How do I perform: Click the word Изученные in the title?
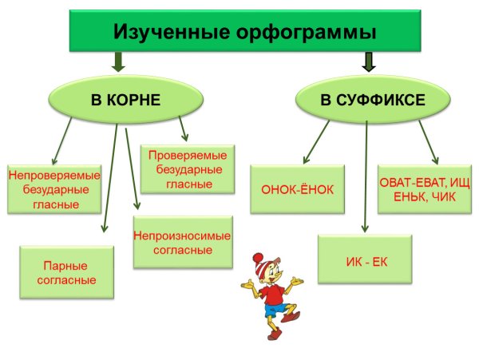[x=164, y=33]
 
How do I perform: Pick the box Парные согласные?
[x=66, y=272]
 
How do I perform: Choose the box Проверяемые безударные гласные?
[x=189, y=168]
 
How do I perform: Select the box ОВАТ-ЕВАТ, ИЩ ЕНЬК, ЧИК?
[x=425, y=189]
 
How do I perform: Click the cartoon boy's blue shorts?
[x=275, y=317]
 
